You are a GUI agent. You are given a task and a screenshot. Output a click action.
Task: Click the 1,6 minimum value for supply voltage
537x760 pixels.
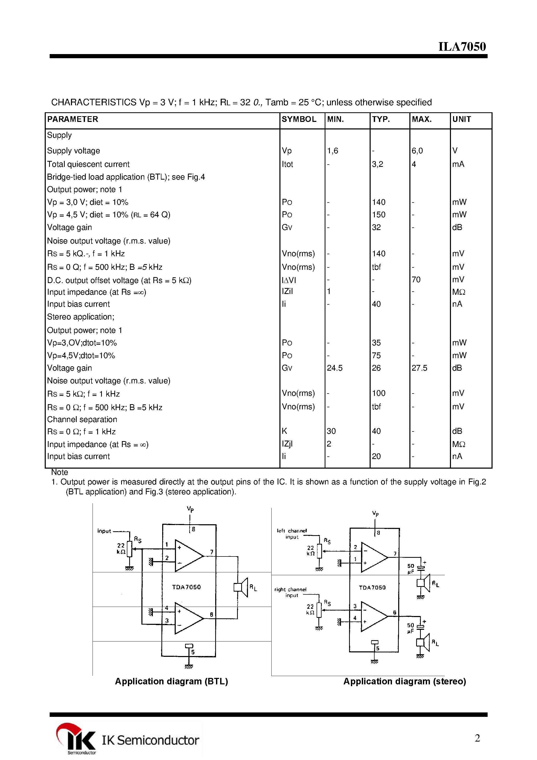[x=332, y=151]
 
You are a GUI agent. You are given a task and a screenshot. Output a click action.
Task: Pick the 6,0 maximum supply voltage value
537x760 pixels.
[x=417, y=151]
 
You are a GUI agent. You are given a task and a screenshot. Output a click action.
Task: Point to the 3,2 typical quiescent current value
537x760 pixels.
[x=377, y=164]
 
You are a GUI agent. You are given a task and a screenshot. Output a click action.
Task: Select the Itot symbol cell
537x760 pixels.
[x=287, y=164]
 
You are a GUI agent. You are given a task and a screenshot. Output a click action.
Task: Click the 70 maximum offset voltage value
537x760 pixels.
[x=416, y=280]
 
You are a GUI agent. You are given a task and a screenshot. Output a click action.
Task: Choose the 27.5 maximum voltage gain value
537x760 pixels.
[x=419, y=368]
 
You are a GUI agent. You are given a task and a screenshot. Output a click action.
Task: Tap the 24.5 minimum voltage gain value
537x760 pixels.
[x=334, y=368]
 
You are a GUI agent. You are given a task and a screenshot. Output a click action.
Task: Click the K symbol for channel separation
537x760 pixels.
[x=284, y=431]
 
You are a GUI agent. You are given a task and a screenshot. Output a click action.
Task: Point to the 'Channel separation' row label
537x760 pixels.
[x=82, y=420]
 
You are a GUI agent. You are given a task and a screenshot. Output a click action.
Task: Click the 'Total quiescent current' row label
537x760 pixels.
[x=88, y=164]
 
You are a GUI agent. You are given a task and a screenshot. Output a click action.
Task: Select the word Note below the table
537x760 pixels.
[x=60, y=472]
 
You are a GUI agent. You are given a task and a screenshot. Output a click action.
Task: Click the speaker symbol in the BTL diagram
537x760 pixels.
[x=241, y=587]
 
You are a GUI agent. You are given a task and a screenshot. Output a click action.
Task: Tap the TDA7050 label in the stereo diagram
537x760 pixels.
[x=372, y=587]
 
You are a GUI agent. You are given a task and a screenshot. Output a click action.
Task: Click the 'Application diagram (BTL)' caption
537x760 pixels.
[x=171, y=681]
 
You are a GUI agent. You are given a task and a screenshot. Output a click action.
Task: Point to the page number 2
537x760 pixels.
[x=477, y=738]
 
